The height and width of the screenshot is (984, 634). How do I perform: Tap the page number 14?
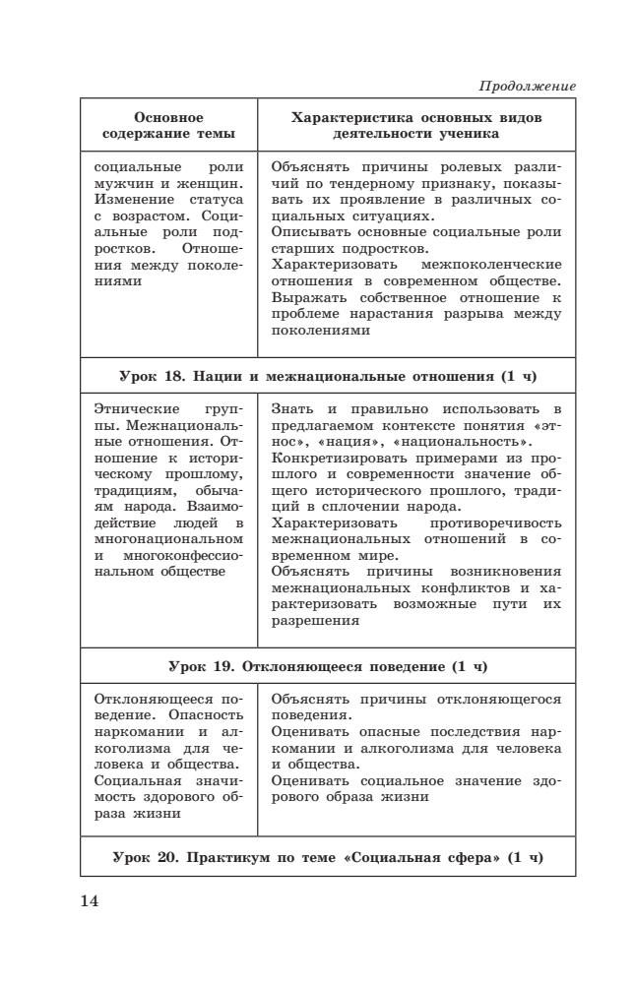coord(90,899)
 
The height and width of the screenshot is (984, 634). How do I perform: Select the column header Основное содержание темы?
coord(168,125)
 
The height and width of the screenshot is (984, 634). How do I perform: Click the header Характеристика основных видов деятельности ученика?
coord(416,125)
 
